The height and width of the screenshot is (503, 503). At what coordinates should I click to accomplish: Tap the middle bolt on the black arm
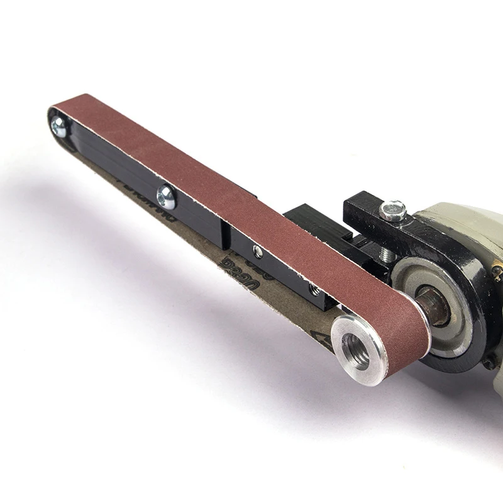point(166,197)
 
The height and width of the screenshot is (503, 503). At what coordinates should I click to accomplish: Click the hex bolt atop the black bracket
point(393,210)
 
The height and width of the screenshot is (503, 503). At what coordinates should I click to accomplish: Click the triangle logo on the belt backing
point(326,343)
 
